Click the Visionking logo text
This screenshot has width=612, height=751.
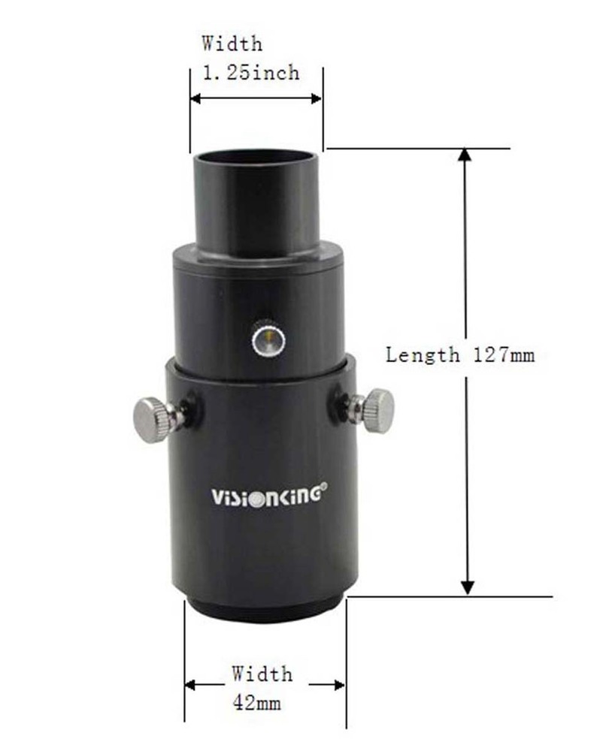[267, 496]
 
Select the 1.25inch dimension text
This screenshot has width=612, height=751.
[251, 73]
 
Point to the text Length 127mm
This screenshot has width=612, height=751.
[460, 354]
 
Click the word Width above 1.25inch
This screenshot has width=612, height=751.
[232, 44]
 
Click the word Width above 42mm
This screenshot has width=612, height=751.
[262, 674]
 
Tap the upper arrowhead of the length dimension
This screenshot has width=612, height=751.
[465, 155]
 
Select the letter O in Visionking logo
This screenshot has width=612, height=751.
[253, 497]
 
